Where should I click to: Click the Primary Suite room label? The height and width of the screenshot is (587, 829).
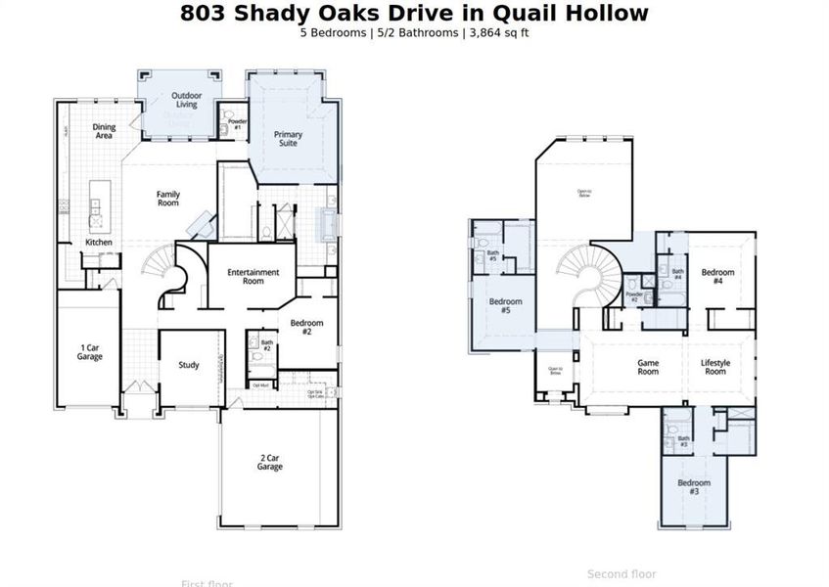tap(288, 139)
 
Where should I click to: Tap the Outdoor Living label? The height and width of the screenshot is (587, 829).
tap(186, 100)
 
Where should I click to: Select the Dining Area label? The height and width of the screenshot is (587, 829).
tap(104, 131)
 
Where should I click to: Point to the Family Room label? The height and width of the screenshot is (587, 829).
tap(168, 199)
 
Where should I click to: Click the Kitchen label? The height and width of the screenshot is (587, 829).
tap(99, 242)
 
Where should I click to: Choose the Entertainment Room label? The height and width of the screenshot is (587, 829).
tap(253, 276)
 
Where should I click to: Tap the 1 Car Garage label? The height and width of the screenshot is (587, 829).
tap(90, 351)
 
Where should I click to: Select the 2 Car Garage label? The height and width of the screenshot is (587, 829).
tap(270, 463)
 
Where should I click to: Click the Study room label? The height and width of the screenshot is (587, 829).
tap(189, 365)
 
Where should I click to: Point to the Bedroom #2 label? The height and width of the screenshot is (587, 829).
tap(306, 327)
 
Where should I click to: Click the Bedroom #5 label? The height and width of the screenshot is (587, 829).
tap(506, 305)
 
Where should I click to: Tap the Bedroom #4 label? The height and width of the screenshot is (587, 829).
tap(717, 276)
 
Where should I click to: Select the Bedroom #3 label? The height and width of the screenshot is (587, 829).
tap(694, 486)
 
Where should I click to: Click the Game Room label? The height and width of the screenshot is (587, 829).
tap(648, 367)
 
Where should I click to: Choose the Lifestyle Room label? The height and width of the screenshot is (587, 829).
tap(715, 367)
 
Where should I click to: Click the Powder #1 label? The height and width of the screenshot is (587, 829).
tap(237, 124)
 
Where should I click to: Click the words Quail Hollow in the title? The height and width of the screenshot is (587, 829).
tap(561, 13)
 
